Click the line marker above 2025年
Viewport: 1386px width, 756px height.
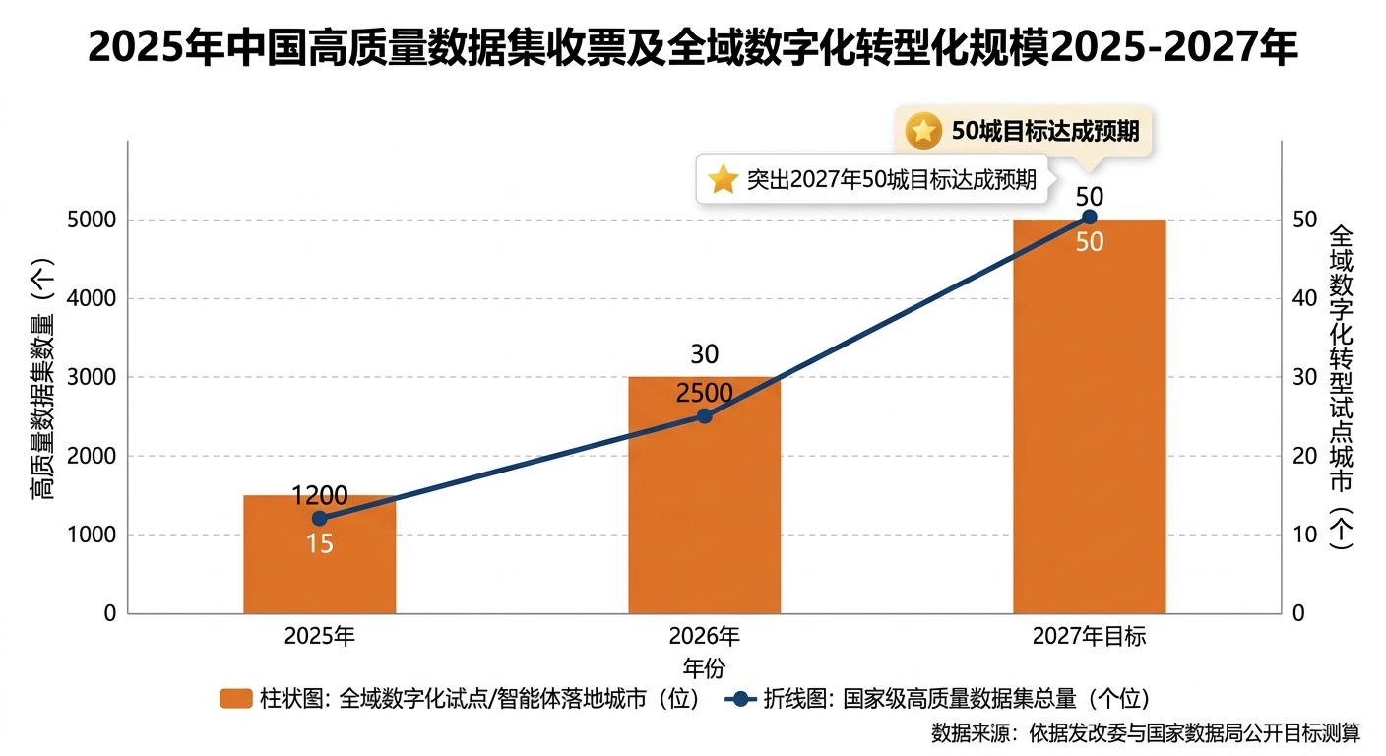coord(319,519)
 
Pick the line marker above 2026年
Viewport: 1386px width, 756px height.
coord(704,415)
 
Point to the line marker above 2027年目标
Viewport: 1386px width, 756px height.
coord(1089,217)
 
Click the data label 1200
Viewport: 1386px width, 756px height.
coord(319,495)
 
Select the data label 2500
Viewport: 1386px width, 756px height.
coord(704,394)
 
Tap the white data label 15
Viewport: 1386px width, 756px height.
coord(319,543)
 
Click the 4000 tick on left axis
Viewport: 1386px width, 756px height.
coord(92,298)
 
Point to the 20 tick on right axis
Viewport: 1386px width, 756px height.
coord(1301,456)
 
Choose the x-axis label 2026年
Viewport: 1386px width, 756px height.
coord(704,636)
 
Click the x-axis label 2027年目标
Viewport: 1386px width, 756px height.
coord(1089,636)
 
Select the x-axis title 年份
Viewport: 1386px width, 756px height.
coord(704,667)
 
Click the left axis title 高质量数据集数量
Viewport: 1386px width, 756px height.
coord(41,377)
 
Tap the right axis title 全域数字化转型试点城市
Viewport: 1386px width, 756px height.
coord(1341,386)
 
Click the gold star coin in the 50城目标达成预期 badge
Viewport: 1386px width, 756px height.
coord(923,130)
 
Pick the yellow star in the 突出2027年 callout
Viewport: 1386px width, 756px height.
coord(724,179)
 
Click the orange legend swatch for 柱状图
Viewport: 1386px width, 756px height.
coord(236,699)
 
